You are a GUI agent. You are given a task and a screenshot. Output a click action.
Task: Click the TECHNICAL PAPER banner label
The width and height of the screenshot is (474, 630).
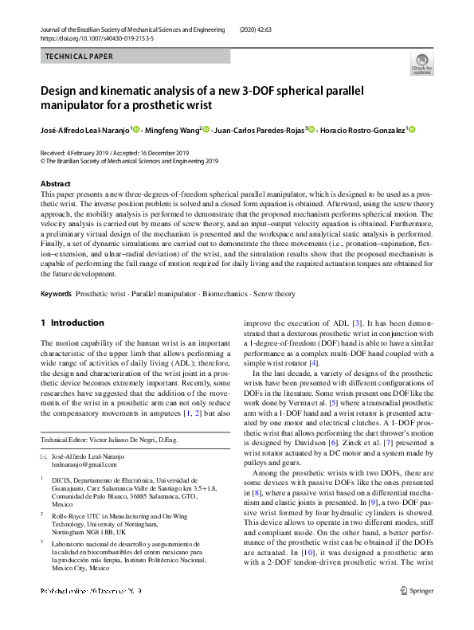(80, 57)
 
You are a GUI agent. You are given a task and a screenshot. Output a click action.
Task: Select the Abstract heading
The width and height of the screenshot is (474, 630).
(56, 184)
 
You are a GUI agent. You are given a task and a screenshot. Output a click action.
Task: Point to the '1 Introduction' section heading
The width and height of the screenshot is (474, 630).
(72, 323)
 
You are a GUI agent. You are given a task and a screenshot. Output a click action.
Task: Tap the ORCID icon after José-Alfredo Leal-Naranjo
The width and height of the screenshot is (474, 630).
(137, 130)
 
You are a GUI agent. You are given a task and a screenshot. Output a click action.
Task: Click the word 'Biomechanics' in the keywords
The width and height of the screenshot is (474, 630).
(225, 294)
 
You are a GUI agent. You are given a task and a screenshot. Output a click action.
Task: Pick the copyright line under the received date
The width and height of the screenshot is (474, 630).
(128, 159)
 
